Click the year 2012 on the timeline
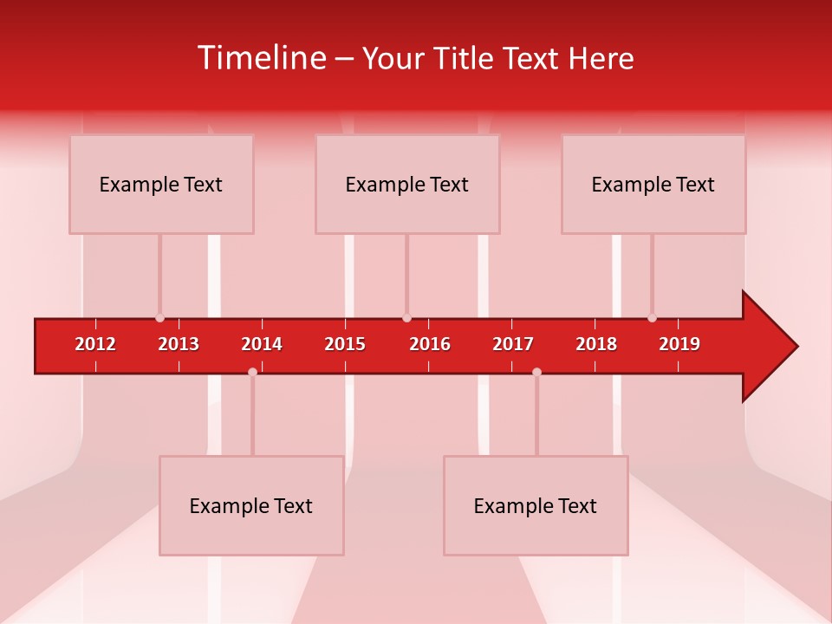tap(95, 344)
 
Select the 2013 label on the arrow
tap(179, 344)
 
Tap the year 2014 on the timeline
tap(262, 344)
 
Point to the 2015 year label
tap(345, 344)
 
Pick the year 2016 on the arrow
tap(430, 344)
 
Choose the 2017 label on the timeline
tap(513, 344)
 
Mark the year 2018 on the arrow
tap(596, 344)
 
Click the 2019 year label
tap(679, 344)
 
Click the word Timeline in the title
tap(261, 58)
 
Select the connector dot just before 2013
tap(159, 318)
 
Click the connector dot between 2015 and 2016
tap(406, 318)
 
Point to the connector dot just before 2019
tap(652, 318)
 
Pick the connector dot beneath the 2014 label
tap(252, 372)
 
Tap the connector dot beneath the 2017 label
tap(536, 372)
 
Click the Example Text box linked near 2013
tap(161, 184)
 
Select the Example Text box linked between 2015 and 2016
tap(407, 184)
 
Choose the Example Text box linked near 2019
tap(653, 184)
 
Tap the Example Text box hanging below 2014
tap(251, 505)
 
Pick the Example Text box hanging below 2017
tap(536, 505)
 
